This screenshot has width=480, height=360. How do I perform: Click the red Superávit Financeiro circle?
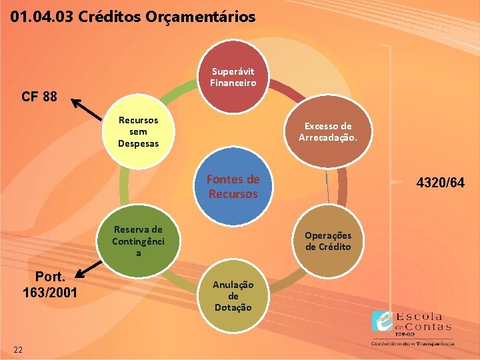233,79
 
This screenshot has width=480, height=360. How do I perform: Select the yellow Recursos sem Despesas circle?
138,132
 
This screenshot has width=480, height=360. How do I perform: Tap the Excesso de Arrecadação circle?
328,132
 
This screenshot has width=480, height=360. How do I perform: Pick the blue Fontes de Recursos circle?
233,187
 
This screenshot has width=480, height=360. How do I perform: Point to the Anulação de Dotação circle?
233,295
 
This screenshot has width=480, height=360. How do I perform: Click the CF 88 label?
39,97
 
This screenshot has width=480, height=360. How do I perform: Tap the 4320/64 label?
440,183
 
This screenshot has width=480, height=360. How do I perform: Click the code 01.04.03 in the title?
41,17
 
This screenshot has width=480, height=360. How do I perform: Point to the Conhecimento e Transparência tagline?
413,343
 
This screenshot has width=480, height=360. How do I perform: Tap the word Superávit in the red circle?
233,71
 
